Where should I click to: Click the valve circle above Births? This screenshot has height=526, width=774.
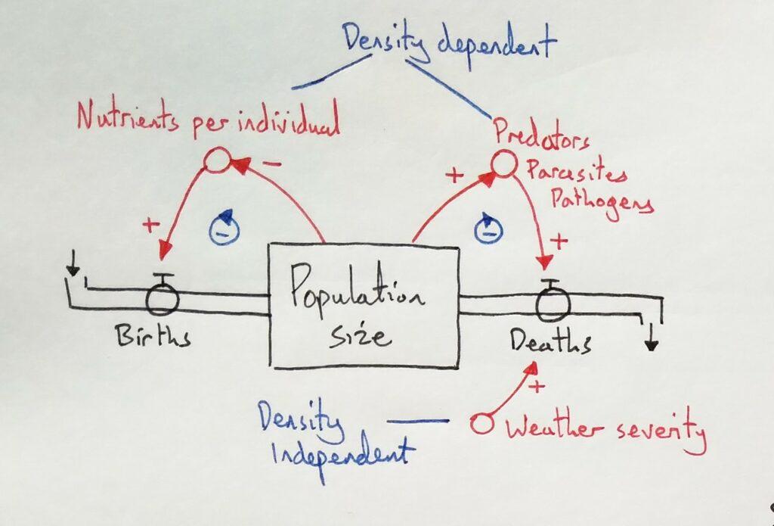(x=162, y=299)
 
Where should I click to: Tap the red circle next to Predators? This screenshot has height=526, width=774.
(x=502, y=162)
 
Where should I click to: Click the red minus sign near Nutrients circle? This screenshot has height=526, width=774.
(x=274, y=162)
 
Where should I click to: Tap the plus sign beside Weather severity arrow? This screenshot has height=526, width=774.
(x=537, y=387)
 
